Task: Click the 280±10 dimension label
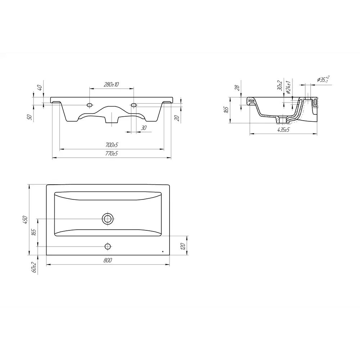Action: tap(111, 84)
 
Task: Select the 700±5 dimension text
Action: tap(112, 145)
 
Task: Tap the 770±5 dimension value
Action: tap(112, 153)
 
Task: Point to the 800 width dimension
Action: tap(108, 260)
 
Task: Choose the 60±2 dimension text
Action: tap(34, 267)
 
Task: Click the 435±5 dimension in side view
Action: tap(284, 130)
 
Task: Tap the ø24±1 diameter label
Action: tap(289, 87)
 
